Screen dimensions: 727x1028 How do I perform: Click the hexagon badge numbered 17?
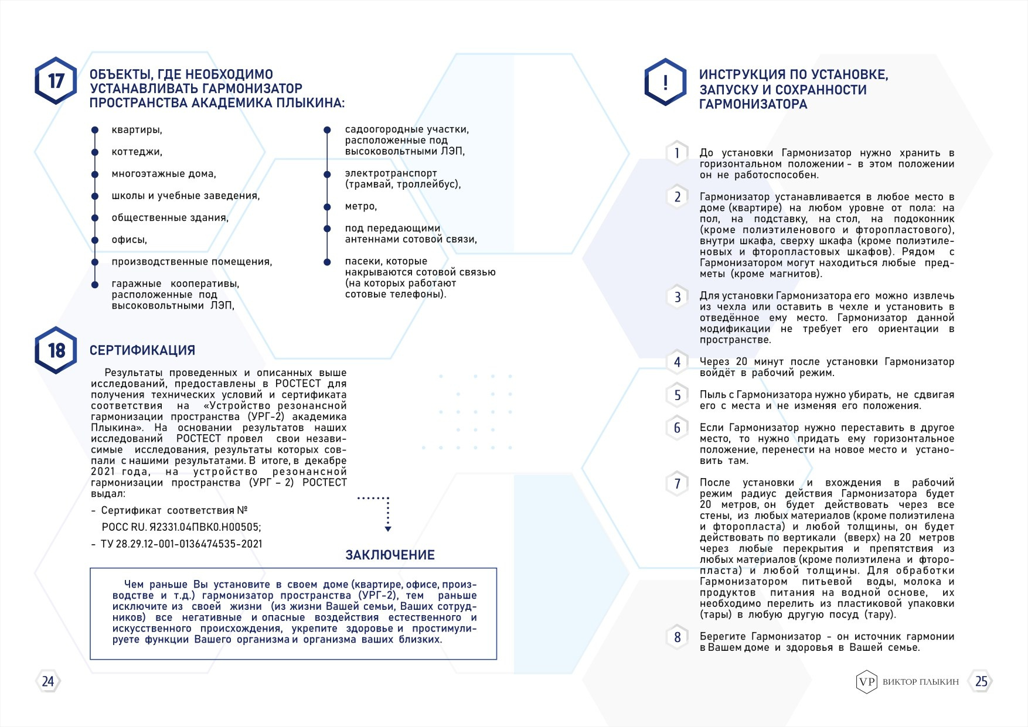pyautogui.click(x=56, y=81)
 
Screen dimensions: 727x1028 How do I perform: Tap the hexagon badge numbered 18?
pyautogui.click(x=56, y=350)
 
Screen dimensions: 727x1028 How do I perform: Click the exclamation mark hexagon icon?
pyautogui.click(x=665, y=82)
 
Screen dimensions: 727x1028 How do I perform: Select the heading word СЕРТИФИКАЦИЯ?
pyautogui.click(x=142, y=350)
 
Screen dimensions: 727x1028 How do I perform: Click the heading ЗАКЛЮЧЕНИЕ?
pyautogui.click(x=390, y=555)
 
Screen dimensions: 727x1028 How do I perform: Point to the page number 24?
pyautogui.click(x=48, y=681)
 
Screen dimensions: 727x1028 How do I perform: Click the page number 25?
pyautogui.click(x=981, y=681)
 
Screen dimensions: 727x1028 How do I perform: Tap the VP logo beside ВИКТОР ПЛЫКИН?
pyautogui.click(x=866, y=681)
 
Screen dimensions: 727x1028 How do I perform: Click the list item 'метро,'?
pyautogui.click(x=361, y=206)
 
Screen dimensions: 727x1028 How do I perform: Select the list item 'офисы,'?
pyautogui.click(x=130, y=240)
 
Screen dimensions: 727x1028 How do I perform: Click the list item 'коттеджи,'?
pyautogui.click(x=137, y=152)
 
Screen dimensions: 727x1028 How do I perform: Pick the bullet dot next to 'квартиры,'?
pyautogui.click(x=95, y=130)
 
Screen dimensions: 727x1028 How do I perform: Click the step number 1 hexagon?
pyautogui.click(x=677, y=153)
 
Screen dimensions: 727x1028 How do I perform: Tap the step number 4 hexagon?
pyautogui.click(x=677, y=362)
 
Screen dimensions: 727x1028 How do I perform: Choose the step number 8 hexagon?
pyautogui.click(x=677, y=637)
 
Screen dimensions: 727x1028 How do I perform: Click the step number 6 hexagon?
pyautogui.click(x=677, y=428)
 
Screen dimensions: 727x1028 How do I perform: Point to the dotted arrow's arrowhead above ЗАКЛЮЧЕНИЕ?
pyautogui.click(x=388, y=528)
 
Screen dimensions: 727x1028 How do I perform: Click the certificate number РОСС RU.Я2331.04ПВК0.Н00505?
pyautogui.click(x=181, y=527)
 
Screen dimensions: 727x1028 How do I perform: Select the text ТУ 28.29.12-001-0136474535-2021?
pyautogui.click(x=181, y=544)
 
